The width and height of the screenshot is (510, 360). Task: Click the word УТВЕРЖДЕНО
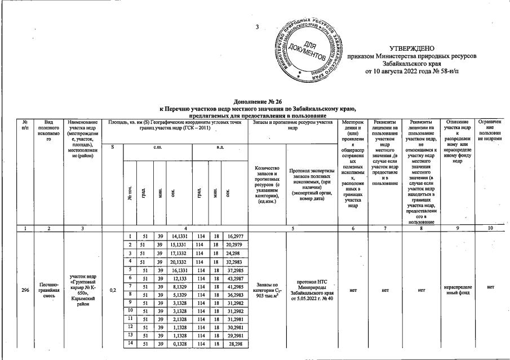[413, 51]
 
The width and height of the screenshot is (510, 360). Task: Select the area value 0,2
[113, 291]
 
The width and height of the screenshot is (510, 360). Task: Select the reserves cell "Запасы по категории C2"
[267, 291]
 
